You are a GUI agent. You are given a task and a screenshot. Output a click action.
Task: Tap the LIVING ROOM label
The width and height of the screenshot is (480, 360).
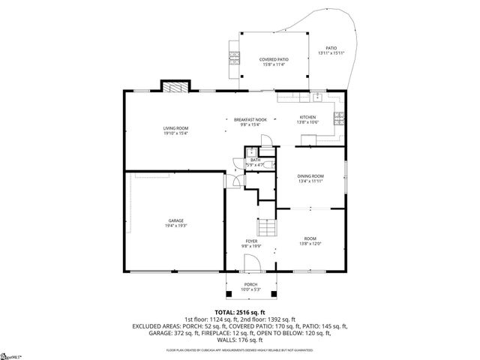tap(175, 129)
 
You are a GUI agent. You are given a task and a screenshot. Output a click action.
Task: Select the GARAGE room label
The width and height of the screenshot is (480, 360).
tap(175, 220)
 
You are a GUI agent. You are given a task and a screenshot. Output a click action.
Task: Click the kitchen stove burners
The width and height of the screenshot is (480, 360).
tap(340, 116)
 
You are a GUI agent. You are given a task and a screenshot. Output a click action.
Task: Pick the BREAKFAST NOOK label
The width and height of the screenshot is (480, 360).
tap(250, 120)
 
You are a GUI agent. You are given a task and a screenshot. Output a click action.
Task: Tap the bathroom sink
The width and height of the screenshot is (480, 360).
tap(253, 152)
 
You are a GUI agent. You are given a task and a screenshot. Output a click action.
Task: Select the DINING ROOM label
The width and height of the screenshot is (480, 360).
tap(310, 175)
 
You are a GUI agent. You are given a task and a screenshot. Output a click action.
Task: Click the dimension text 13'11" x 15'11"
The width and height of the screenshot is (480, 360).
tap(330, 53)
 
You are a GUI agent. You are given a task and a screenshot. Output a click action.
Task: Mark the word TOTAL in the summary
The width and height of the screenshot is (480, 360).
tap(225, 312)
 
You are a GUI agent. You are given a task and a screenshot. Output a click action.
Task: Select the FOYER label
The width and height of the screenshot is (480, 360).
tap(250, 241)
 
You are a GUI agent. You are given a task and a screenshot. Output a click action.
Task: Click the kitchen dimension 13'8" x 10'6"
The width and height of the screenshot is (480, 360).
tap(308, 122)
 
